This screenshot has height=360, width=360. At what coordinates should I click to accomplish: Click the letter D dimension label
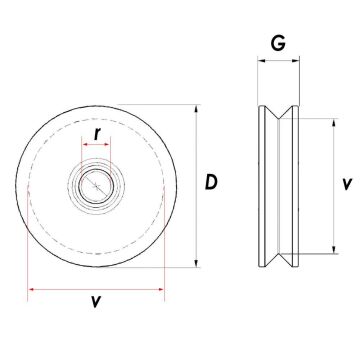[212, 182]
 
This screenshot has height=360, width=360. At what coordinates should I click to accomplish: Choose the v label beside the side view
[344, 184]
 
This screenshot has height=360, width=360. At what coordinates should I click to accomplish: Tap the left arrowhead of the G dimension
[261, 61]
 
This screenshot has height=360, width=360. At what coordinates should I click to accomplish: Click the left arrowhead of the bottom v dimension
[31, 291]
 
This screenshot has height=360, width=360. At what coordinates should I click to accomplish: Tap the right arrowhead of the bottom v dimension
[161, 291]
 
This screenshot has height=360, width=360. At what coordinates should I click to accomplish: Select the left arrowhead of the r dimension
[84, 146]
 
